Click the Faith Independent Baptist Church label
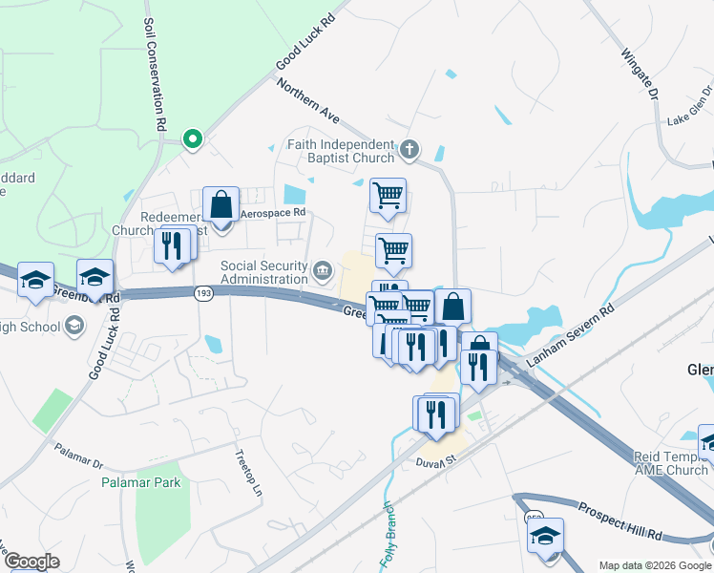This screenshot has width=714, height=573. click(341, 151)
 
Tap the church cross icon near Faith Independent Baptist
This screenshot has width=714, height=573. click(409, 148)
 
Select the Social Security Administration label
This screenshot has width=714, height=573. click(264, 272)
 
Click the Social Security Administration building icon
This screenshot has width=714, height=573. click(323, 272)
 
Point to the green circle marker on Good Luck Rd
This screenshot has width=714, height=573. click(193, 139)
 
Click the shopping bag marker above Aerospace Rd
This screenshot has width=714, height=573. click(220, 205)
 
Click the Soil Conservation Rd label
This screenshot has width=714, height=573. click(155, 74)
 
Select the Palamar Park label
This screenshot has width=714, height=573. click(141, 482)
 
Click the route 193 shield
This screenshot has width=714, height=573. click(202, 293)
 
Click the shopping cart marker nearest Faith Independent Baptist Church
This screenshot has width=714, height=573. click(388, 196)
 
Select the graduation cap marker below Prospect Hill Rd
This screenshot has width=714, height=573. click(545, 535)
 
